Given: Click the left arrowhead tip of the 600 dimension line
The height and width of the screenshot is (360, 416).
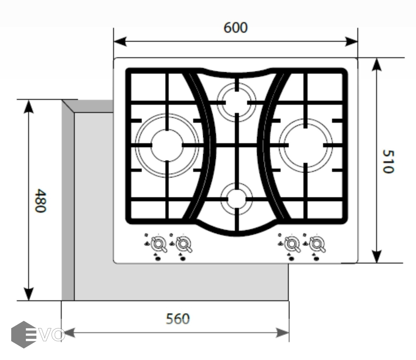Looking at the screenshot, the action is (x=114, y=42).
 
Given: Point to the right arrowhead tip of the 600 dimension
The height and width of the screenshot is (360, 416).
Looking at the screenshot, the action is (x=357, y=42).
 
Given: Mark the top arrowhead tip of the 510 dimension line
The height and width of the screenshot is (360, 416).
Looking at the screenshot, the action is (x=376, y=58).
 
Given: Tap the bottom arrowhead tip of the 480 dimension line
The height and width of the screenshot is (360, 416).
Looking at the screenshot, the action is (x=29, y=300).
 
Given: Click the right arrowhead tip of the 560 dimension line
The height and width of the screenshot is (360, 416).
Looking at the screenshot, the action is (x=289, y=332).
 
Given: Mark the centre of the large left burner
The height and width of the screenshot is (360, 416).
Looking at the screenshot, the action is (x=167, y=145).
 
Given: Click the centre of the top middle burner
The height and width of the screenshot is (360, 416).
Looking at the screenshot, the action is (x=237, y=102).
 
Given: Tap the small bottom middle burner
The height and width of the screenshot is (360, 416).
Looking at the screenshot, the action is (x=237, y=199).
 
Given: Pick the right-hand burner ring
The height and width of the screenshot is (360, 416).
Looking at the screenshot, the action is (x=305, y=145).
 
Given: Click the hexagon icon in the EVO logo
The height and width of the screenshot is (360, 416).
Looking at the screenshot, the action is (x=23, y=334).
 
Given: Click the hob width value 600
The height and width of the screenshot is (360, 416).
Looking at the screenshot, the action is (x=236, y=28).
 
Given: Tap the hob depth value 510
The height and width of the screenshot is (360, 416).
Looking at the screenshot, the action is (x=388, y=162).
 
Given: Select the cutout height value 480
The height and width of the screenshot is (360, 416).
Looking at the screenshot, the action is (x=41, y=200).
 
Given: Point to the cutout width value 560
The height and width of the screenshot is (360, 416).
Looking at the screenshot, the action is (x=178, y=319).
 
